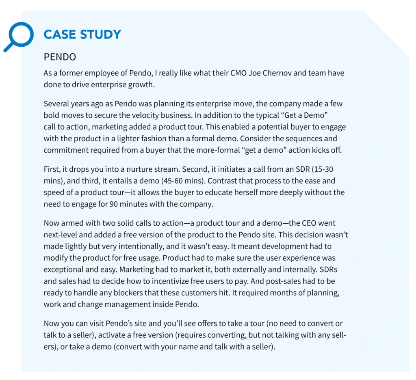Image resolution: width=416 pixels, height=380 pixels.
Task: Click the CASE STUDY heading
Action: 82,35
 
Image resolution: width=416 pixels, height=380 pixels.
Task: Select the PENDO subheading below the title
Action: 60,57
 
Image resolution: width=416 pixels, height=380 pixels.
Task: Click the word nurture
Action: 145,169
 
